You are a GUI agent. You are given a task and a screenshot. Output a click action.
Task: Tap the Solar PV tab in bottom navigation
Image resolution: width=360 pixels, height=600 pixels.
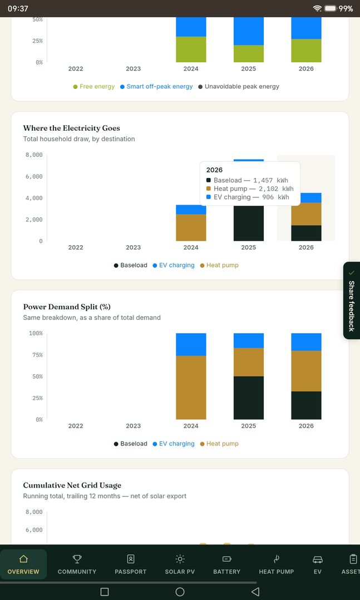pos(180,564)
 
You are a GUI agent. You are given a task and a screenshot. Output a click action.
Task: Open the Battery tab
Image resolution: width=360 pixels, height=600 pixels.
pos(226,564)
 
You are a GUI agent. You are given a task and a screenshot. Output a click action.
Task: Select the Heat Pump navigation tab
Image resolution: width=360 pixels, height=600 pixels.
pos(276,564)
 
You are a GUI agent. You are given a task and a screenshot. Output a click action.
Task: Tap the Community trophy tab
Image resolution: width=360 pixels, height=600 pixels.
pos(77,564)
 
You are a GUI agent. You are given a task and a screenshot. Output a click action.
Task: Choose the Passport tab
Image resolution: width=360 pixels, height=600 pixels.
pos(131,564)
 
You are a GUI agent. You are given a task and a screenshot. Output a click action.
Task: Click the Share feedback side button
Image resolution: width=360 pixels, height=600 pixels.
pos(352,300)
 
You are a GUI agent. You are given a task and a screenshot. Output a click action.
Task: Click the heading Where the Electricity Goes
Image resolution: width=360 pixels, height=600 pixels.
pos(72,128)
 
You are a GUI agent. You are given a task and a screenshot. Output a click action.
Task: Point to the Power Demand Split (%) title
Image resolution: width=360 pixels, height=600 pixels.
pos(67,307)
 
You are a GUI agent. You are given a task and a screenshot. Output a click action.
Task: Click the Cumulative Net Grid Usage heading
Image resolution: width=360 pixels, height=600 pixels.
pos(72,485)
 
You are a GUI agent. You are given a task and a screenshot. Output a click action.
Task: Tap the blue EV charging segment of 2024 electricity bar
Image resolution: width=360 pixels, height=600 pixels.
pos(191,209)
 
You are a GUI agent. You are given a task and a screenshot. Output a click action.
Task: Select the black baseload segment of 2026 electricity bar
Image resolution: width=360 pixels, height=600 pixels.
pos(306,233)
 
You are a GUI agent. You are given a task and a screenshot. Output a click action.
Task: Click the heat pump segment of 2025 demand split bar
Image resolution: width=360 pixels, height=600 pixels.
pos(249,362)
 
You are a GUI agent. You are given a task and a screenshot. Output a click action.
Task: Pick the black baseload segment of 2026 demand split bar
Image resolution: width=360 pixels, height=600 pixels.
pos(306,405)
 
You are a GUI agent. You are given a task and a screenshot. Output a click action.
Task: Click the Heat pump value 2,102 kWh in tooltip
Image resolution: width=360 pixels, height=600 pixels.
pos(274,189)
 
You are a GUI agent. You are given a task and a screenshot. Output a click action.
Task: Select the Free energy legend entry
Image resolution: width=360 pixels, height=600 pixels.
pos(94,87)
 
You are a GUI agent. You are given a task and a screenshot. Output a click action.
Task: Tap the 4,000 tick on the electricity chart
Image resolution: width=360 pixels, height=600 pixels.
pos(34,198)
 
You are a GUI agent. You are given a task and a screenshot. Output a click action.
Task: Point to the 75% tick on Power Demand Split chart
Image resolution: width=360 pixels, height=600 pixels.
pos(36,355)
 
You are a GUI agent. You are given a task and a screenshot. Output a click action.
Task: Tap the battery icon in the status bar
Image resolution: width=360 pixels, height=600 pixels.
pos(331,8)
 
